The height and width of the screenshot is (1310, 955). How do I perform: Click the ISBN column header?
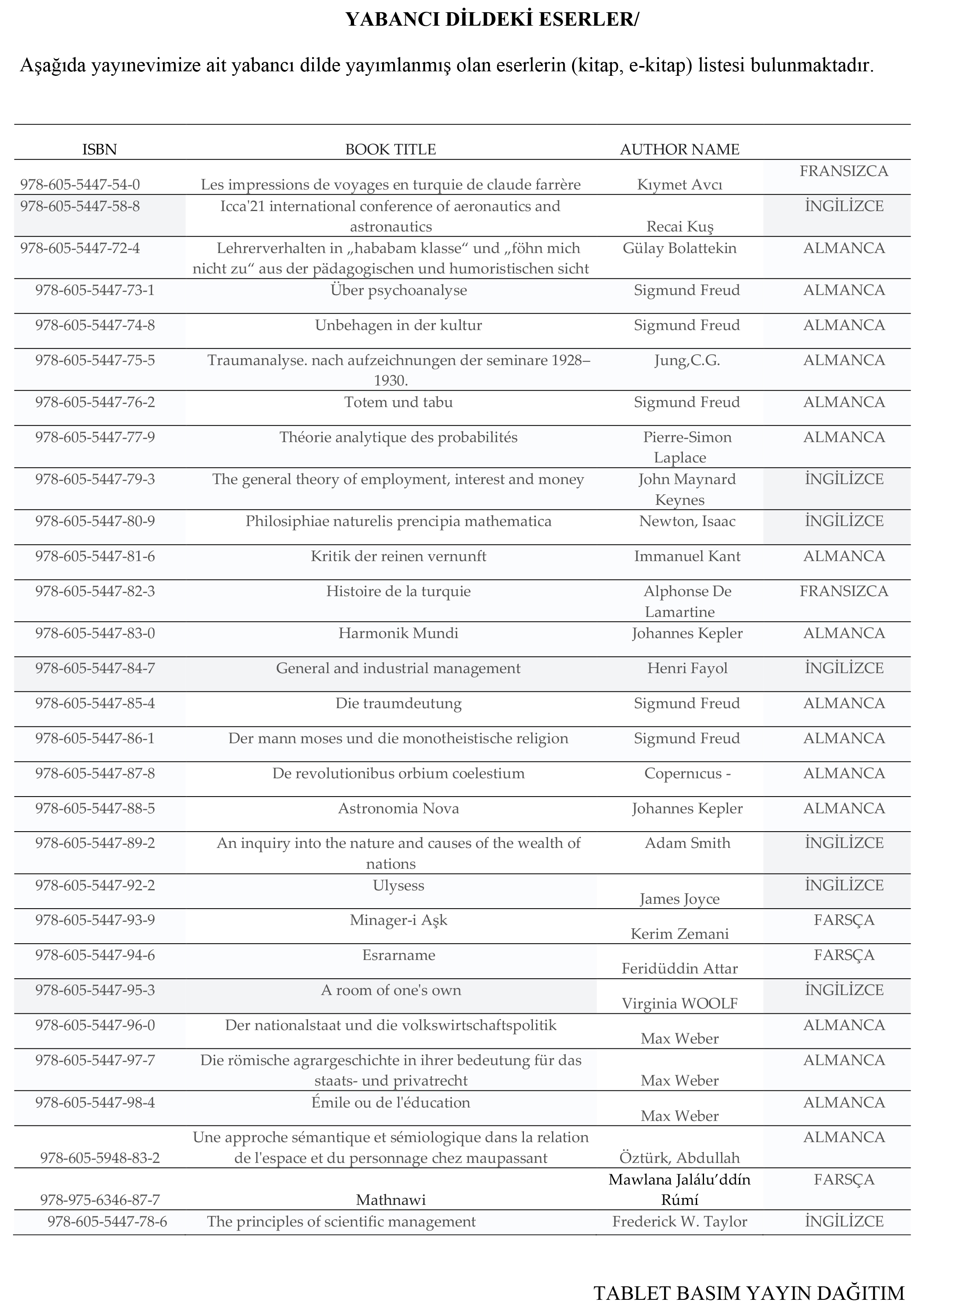pos(99,150)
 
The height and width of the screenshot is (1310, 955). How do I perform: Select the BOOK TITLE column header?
pos(390,150)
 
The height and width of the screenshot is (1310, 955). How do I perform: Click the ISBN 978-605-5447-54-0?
pos(80,185)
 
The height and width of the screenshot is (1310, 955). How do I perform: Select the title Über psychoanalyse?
pos(398,290)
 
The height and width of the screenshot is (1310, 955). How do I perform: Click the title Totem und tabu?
pos(398,402)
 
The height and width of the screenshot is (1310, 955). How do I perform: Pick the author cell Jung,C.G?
pos(687,361)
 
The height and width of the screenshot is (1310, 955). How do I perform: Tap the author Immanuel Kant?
pos(687,557)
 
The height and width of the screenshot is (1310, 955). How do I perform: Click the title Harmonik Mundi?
pos(398,634)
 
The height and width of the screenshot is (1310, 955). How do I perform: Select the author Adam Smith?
pos(687,843)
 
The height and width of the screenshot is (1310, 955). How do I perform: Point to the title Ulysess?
pos(398,886)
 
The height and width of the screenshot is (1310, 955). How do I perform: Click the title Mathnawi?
pos(390,1200)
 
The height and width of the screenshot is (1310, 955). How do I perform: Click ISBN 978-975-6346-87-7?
pos(99,1200)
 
